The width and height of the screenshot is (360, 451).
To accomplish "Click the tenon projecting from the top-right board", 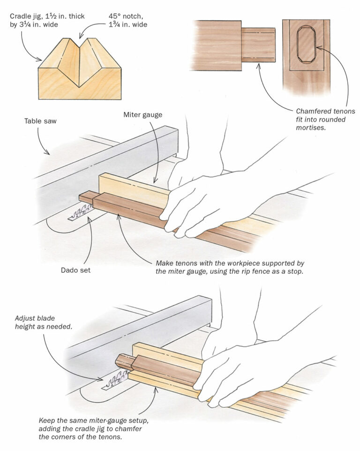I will pyautogui.click(x=258, y=45).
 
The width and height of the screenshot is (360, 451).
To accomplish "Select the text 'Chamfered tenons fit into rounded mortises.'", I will pyautogui.click(x=325, y=119).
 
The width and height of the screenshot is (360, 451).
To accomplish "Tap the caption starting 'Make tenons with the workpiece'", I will pyautogui.click(x=229, y=267).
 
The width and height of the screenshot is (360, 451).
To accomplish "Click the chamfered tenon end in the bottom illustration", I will pyautogui.click(x=123, y=362).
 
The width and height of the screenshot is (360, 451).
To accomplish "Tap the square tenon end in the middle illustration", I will pyautogui.click(x=86, y=197).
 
